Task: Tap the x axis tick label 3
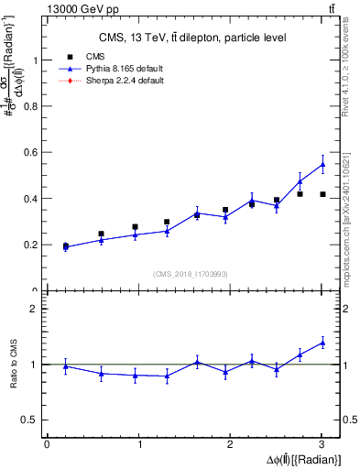[322, 445]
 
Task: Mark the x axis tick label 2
[230, 445]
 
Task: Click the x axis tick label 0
[47, 445]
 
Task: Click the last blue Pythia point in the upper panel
[322, 165]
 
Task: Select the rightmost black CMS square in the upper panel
[322, 194]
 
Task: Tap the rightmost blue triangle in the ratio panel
[322, 343]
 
